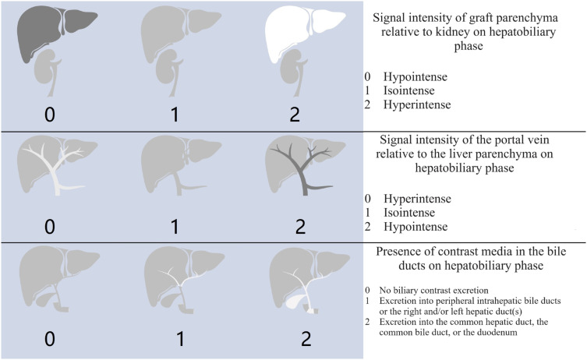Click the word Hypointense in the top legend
[x=414, y=78]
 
